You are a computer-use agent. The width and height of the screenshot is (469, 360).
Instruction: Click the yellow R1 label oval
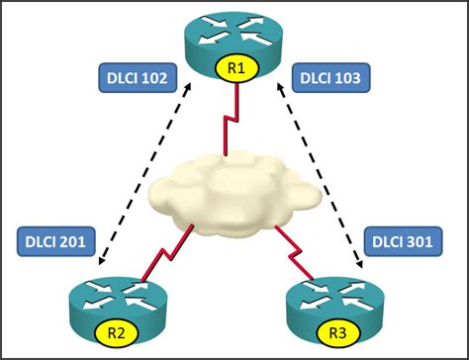click(234, 69)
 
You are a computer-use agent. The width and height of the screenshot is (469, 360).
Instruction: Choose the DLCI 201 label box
click(56, 239)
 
